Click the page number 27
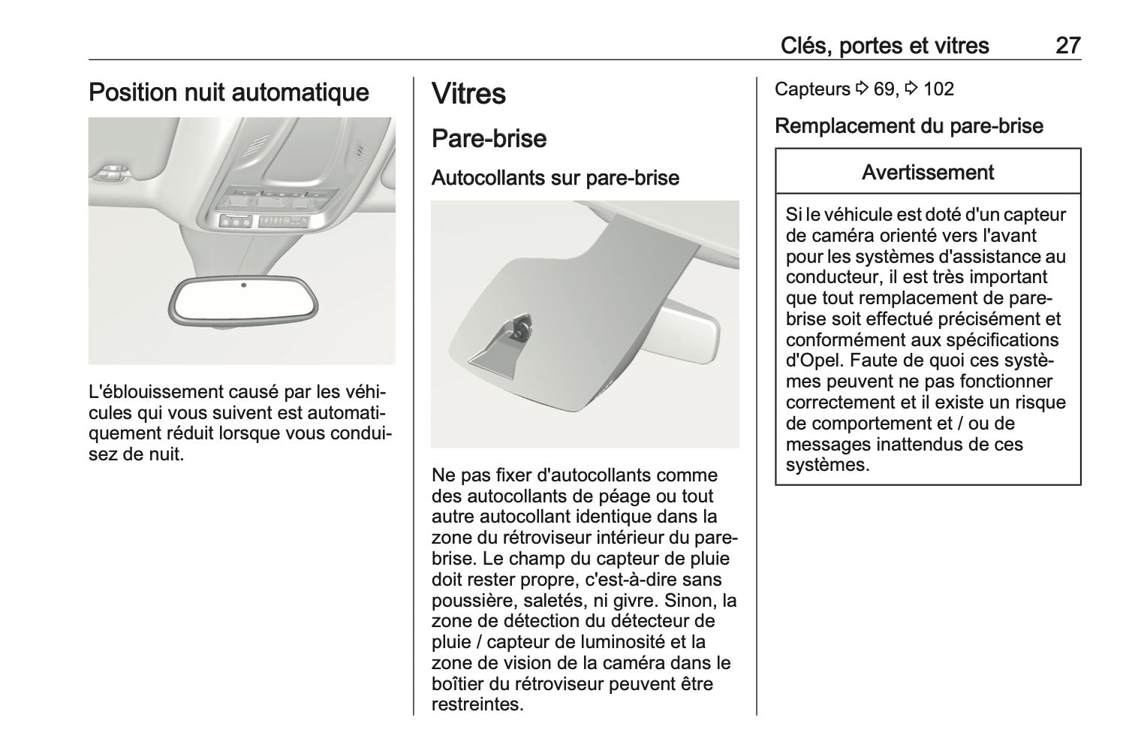[1067, 46]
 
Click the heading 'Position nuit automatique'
[229, 93]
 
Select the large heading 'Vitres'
[469, 95]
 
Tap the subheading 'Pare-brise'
[489, 139]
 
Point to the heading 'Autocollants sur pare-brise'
[555, 179]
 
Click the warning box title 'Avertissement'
[928, 173]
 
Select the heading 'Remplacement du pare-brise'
[908, 125]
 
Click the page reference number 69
[885, 89]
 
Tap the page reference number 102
[938, 89]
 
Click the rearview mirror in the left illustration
[245, 302]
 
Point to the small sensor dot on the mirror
[245, 285]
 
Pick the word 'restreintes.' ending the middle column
[477, 705]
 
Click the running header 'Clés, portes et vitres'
[884, 46]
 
